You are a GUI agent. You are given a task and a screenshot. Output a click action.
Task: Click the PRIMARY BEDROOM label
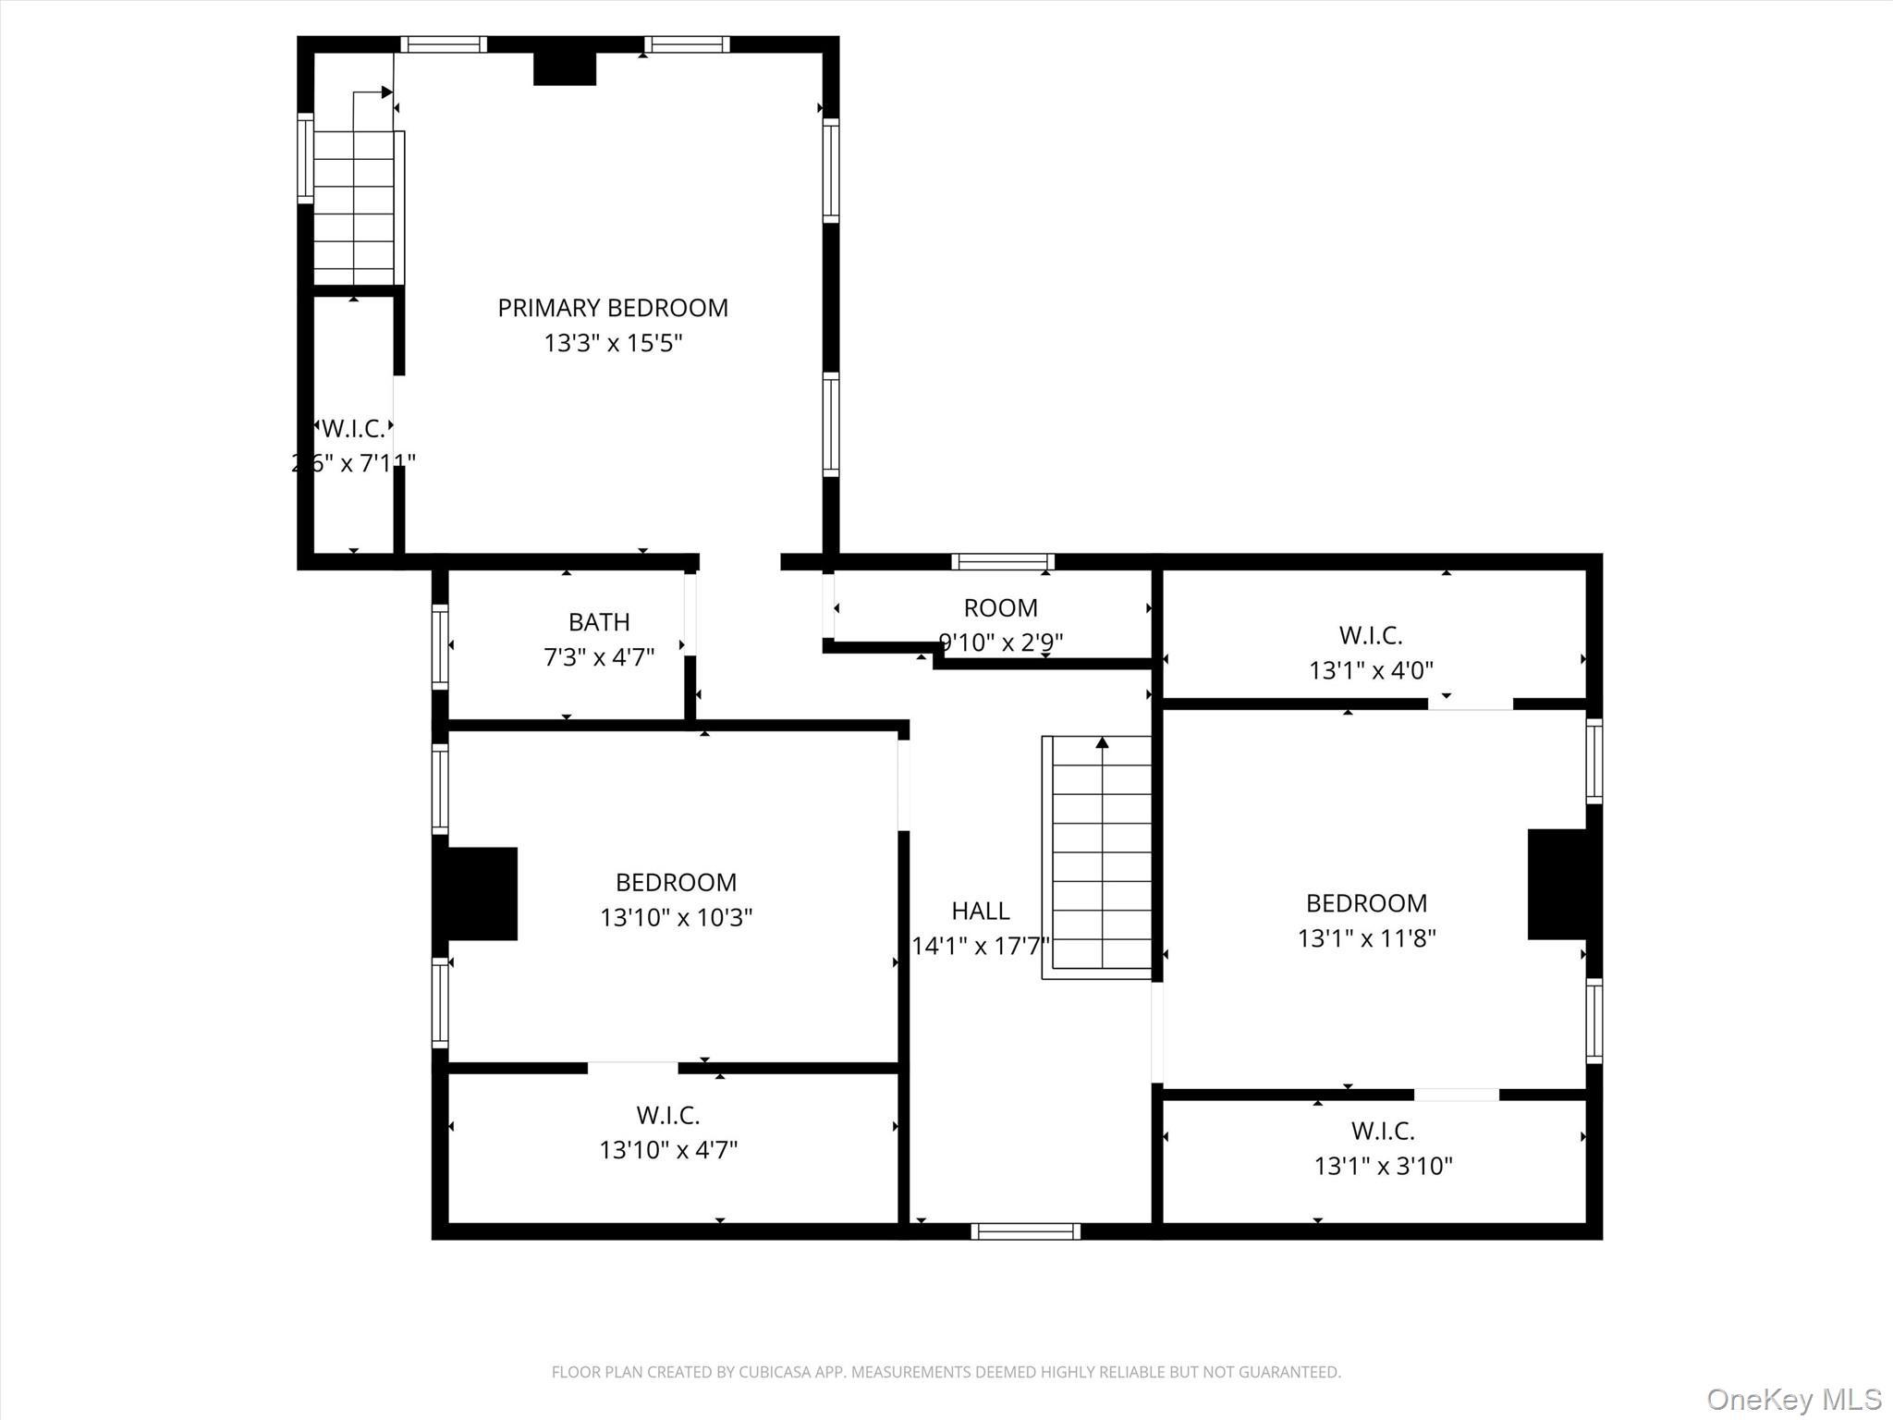tap(613, 308)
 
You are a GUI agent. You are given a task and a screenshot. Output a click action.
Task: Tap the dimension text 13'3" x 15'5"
tap(613, 343)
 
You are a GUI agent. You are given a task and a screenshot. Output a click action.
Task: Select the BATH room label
tap(599, 621)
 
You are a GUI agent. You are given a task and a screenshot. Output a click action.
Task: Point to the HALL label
tap(980, 911)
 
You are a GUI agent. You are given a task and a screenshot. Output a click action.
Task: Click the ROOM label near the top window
tap(1000, 607)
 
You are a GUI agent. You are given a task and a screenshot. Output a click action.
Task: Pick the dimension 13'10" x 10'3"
tap(676, 917)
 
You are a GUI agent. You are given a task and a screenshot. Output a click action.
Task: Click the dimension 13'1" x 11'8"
tap(1366, 938)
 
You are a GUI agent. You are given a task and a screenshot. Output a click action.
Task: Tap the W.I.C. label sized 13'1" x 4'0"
tap(1370, 635)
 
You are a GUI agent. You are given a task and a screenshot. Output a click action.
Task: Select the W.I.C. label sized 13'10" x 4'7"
tap(667, 1115)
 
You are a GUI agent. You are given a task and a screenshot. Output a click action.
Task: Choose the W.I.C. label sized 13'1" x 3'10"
tap(1383, 1131)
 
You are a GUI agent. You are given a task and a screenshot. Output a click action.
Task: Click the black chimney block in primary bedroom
tap(565, 69)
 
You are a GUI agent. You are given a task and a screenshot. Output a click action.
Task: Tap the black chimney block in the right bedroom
tap(1558, 884)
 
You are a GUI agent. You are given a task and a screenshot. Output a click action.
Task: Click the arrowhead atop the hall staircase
tap(1102, 742)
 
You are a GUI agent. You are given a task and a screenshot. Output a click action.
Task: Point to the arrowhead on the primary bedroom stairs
tap(386, 92)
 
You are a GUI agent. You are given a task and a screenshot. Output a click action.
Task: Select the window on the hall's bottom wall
tap(1025, 1230)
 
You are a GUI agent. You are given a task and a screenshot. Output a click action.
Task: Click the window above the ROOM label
tap(1003, 561)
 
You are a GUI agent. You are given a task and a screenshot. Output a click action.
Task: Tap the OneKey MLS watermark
tap(1793, 1399)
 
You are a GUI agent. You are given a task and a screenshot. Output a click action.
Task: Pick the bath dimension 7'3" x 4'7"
tap(599, 657)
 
